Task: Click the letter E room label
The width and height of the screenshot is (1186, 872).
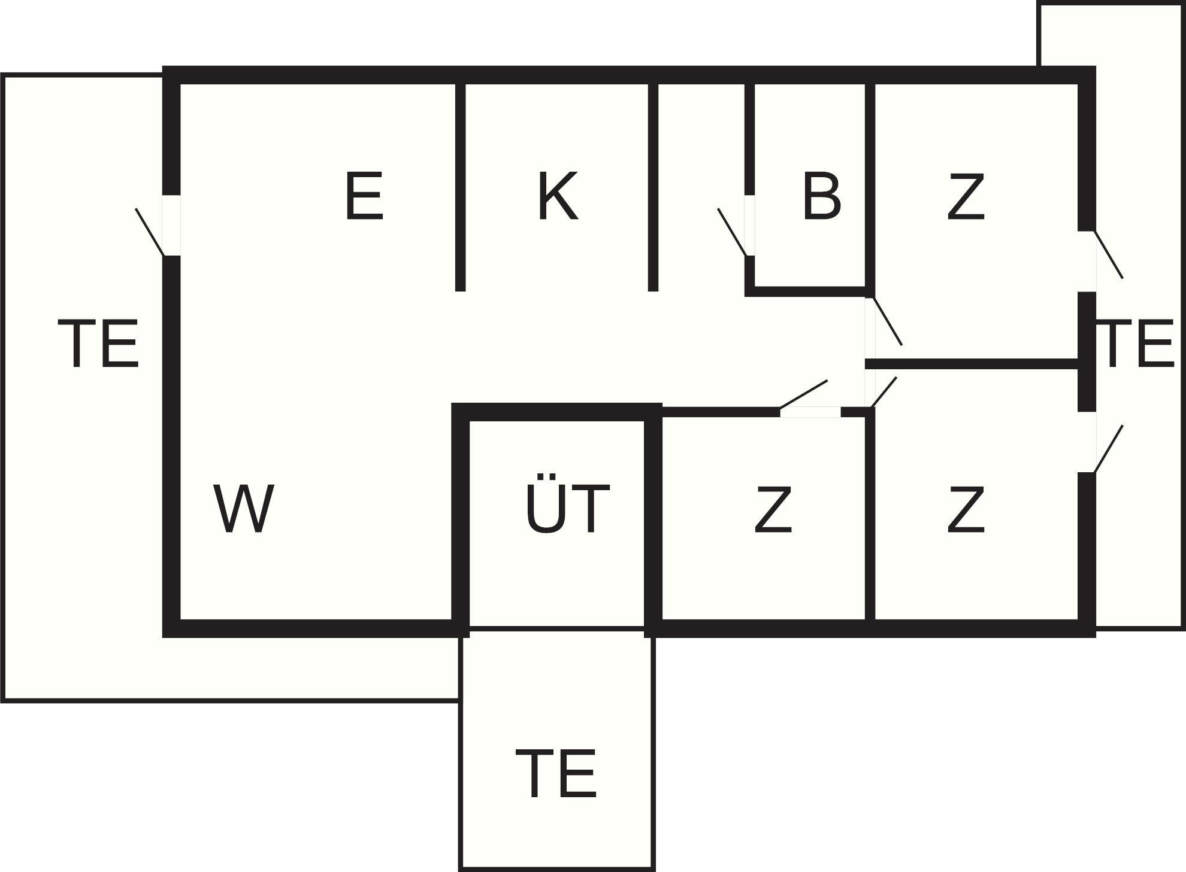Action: pos(364,196)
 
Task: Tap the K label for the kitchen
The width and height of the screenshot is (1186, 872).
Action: pos(558,196)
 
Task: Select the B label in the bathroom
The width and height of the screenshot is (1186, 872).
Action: pos(821,196)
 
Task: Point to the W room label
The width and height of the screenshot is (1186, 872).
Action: pos(244,508)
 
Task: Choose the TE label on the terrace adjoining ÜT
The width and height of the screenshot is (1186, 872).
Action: pos(556,773)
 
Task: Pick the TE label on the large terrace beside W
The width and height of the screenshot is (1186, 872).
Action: pos(98,343)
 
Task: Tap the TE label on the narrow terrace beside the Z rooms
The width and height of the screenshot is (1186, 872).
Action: pos(1139,343)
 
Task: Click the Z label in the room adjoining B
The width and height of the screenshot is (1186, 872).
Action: pos(966,196)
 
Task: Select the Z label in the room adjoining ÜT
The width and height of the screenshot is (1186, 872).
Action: pos(773,508)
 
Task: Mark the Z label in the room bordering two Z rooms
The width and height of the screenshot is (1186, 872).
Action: pos(966,508)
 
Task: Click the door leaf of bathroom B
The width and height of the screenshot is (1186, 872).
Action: pos(733,232)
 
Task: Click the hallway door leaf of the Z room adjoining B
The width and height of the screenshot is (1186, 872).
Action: pos(887,321)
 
